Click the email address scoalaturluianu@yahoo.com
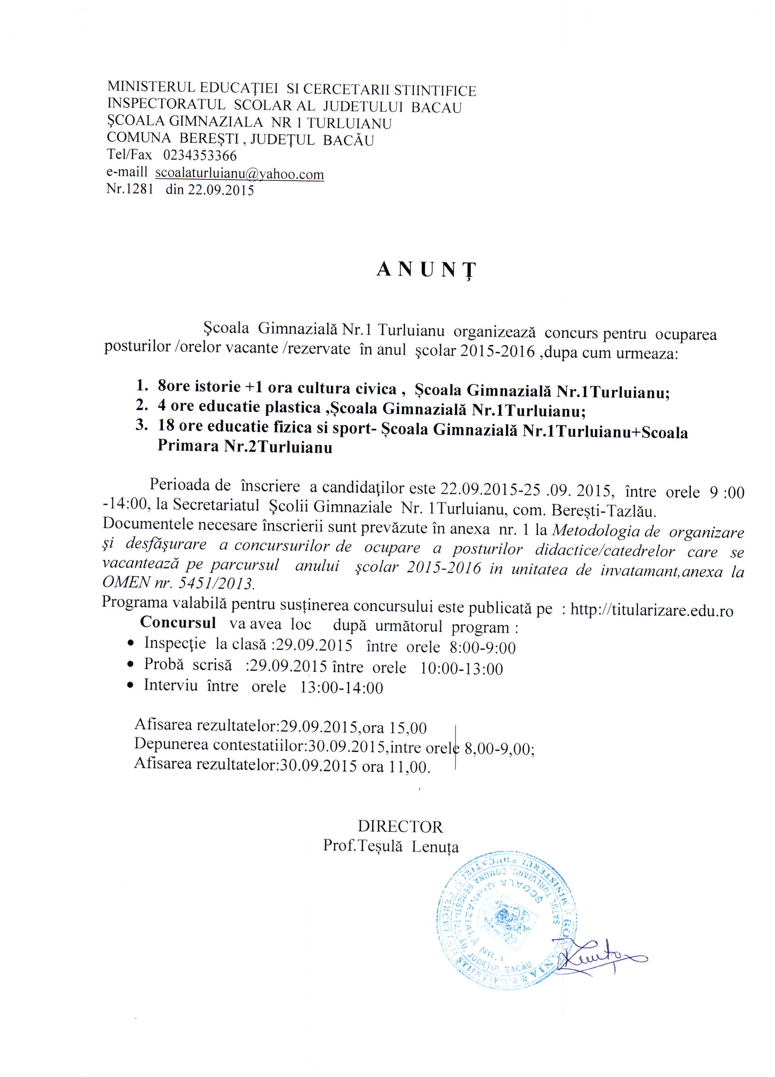coord(239,174)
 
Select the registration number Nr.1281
coord(130,189)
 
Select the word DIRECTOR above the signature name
coord(400,827)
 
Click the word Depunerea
coord(171,744)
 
